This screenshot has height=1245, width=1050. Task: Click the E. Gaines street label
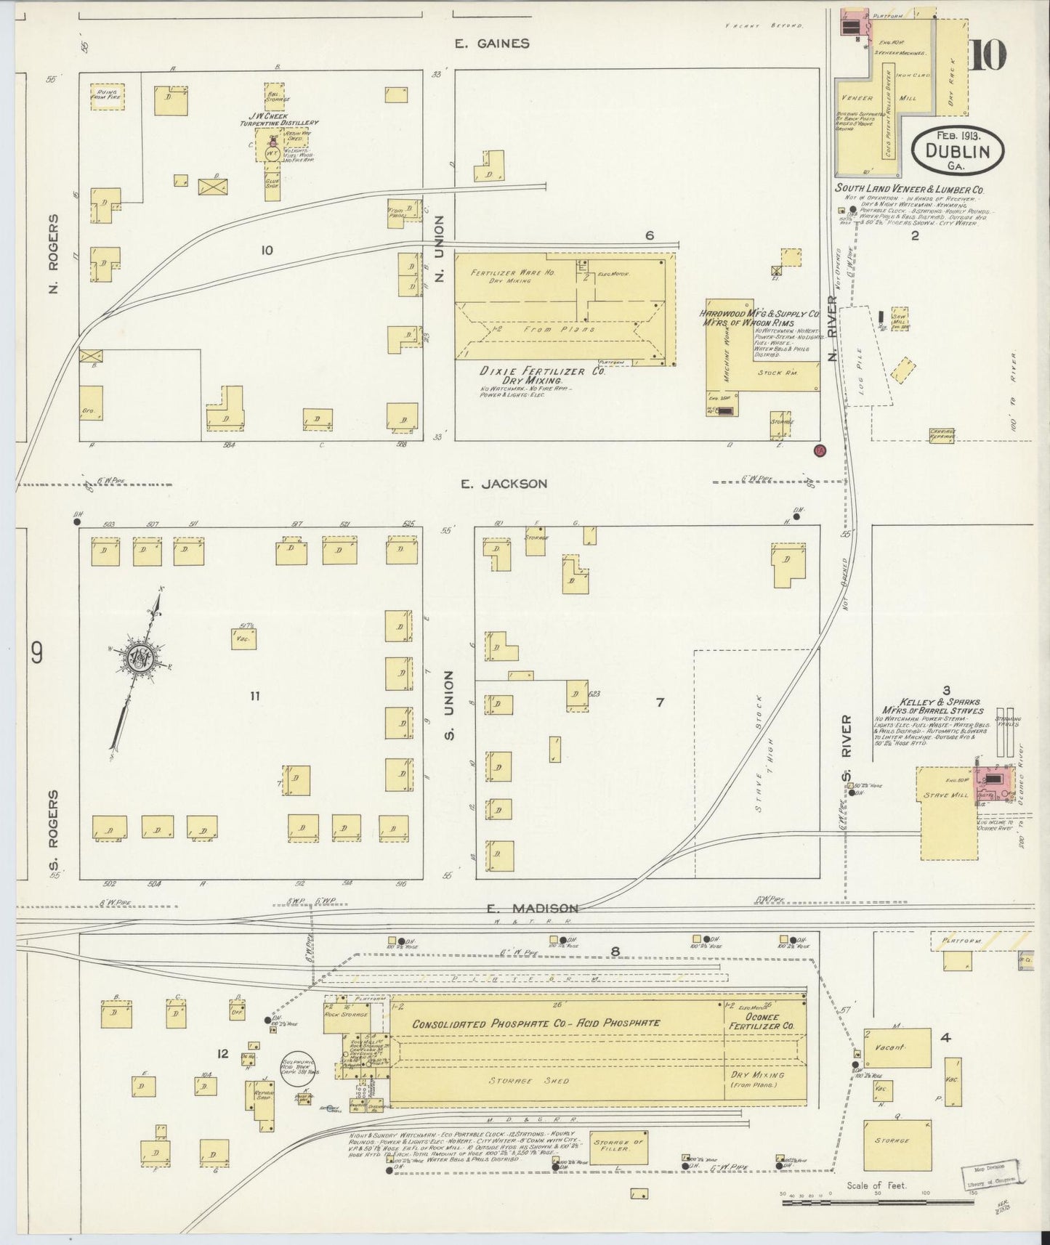coord(492,44)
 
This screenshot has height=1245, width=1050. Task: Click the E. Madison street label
coord(533,908)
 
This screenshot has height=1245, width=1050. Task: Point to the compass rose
coord(138,658)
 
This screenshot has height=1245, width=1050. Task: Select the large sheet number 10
coord(988,55)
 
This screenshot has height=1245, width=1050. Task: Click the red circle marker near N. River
coord(820,450)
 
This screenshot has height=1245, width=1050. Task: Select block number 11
coord(254,696)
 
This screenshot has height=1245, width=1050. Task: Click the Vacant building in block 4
coord(897,1047)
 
